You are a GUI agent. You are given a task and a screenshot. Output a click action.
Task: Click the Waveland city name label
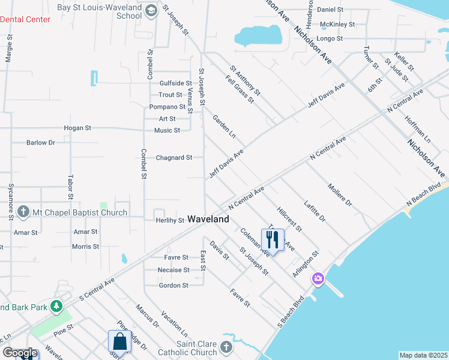(208, 220)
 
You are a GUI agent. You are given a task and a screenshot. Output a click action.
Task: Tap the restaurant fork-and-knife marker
(273, 240)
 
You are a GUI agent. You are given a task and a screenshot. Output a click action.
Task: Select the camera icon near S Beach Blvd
(318, 279)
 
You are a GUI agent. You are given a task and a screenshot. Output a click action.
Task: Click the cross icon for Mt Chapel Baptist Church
(23, 212)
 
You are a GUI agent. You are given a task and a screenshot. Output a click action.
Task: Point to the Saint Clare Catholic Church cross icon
(225, 347)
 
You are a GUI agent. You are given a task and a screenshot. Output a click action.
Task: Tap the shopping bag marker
(119, 342)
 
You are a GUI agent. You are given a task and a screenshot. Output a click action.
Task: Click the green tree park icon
(56, 307)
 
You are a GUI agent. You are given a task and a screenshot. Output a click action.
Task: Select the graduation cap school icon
(150, 10)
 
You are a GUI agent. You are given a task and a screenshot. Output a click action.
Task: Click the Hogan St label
(78, 128)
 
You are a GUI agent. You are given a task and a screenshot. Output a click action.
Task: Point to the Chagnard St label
(173, 158)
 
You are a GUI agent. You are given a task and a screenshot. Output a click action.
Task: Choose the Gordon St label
(173, 286)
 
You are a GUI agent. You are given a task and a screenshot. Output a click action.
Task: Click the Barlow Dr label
(40, 143)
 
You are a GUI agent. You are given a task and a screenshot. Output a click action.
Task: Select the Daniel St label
(330, 10)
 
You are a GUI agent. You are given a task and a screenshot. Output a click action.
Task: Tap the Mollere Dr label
(339, 195)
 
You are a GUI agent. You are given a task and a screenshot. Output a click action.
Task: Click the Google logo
(19, 353)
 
